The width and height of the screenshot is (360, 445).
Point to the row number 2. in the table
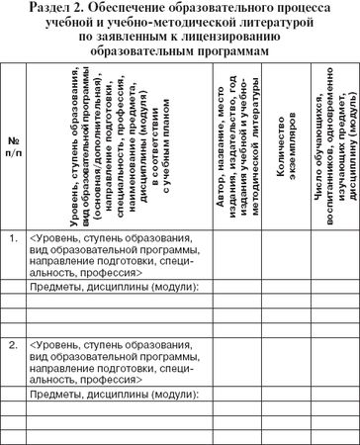[14, 346]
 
